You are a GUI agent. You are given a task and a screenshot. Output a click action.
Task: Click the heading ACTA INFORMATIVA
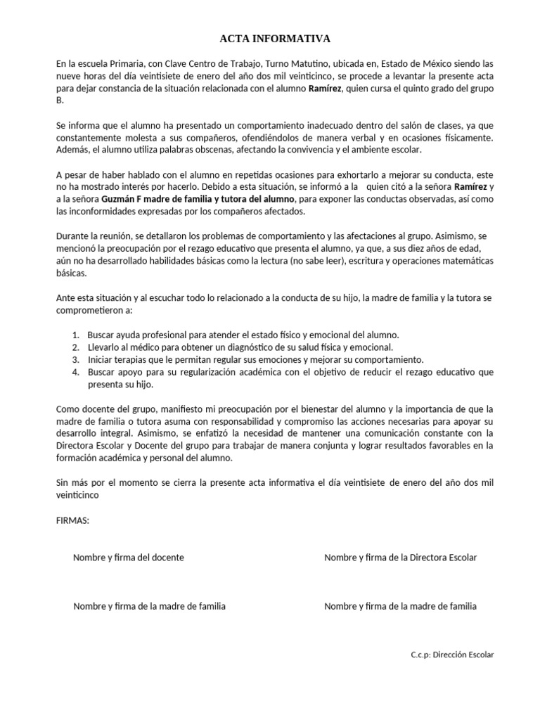click(270, 39)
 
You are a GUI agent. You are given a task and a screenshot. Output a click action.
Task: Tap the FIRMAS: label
click(72, 521)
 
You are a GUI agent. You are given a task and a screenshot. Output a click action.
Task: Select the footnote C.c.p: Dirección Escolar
click(452, 655)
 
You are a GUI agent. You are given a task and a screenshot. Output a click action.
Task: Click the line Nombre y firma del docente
click(129, 558)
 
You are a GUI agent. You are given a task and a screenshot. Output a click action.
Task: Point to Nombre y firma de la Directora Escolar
click(400, 558)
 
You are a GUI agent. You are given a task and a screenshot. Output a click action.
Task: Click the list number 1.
click(75, 335)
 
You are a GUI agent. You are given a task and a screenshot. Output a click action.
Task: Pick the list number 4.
click(75, 373)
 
